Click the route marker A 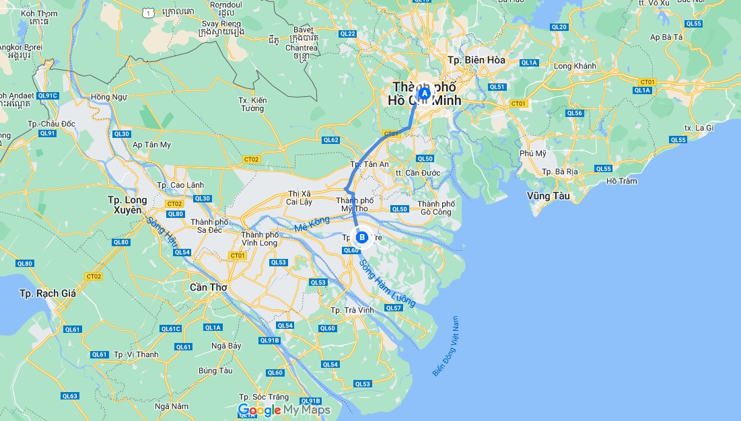click(424, 93)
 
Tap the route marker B click(362, 237)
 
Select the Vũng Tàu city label click(549, 196)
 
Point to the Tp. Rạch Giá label click(48, 293)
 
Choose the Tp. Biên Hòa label click(476, 60)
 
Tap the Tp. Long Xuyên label click(127, 205)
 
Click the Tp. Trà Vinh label click(351, 310)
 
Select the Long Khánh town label click(575, 66)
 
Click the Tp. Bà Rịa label click(561, 171)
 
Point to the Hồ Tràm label click(621, 181)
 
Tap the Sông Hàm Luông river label click(387, 283)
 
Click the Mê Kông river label click(312, 225)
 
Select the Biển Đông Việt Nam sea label click(445, 346)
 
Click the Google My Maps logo click(284, 410)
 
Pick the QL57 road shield click(393, 308)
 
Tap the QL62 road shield click(330, 140)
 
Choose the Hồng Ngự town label click(108, 97)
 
